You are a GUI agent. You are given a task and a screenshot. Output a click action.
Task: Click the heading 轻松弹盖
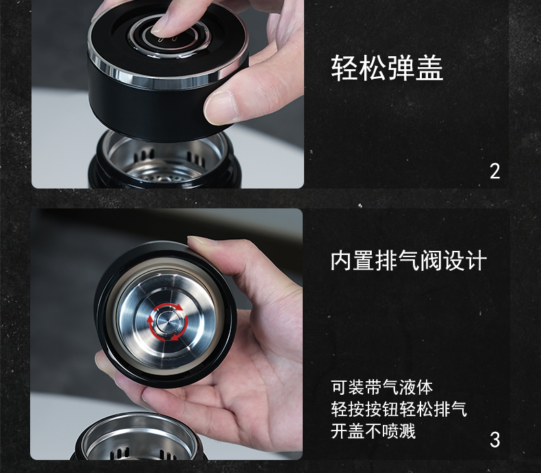pyautogui.click(x=387, y=69)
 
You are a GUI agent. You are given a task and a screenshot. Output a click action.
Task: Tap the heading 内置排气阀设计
pyautogui.click(x=409, y=260)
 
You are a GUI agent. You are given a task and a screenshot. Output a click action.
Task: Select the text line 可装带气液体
pyautogui.click(x=381, y=387)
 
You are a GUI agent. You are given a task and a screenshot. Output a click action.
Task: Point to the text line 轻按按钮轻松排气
pyautogui.click(x=399, y=409)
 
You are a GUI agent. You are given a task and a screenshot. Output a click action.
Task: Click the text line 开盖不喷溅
pyautogui.click(x=373, y=431)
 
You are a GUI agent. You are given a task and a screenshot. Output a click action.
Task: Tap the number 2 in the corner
pyautogui.click(x=494, y=171)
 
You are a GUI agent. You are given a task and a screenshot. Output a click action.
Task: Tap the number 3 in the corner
pyautogui.click(x=494, y=440)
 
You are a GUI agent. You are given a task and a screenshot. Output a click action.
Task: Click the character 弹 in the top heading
pyautogui.click(x=401, y=69)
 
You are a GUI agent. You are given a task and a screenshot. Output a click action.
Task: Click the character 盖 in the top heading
pyautogui.click(x=429, y=69)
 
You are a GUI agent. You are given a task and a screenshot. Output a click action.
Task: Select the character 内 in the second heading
pyautogui.click(x=341, y=260)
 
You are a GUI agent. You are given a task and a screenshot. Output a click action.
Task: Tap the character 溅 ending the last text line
pyautogui.click(x=407, y=431)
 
